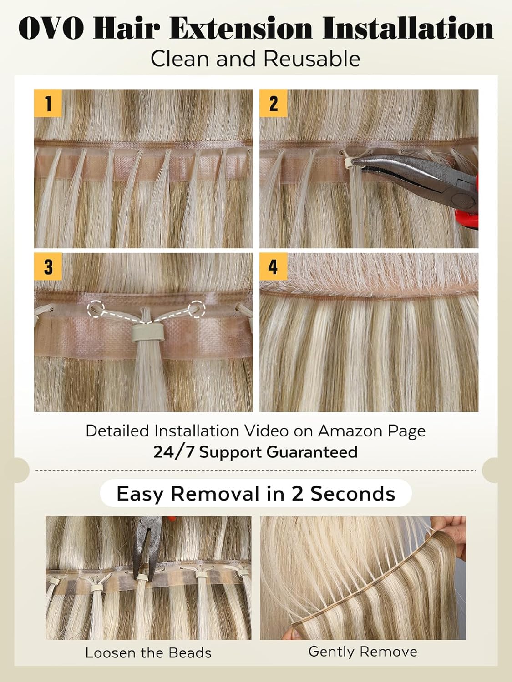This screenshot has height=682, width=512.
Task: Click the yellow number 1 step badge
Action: pyautogui.click(x=48, y=103)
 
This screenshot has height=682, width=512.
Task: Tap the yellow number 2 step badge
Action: pyautogui.click(x=273, y=103)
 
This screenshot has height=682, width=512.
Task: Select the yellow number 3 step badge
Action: pyautogui.click(x=48, y=266)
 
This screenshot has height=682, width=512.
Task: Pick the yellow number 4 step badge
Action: pyautogui.click(x=273, y=266)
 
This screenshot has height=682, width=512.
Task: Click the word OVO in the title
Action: pyautogui.click(x=51, y=29)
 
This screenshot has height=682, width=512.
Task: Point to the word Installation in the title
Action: pyautogui.click(x=408, y=29)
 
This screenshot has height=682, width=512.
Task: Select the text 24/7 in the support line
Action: pyautogui.click(x=174, y=452)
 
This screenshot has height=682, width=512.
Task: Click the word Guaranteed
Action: pyautogui.click(x=312, y=452)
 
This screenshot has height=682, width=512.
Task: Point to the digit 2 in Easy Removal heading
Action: pyautogui.click(x=297, y=493)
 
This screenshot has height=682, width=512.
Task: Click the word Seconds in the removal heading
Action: pyautogui.click(x=353, y=493)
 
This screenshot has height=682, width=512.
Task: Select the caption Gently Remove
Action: pyautogui.click(x=363, y=652)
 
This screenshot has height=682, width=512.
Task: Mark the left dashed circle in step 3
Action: pyautogui.click(x=96, y=309)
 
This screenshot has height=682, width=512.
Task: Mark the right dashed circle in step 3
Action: pyautogui.click(x=197, y=309)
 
